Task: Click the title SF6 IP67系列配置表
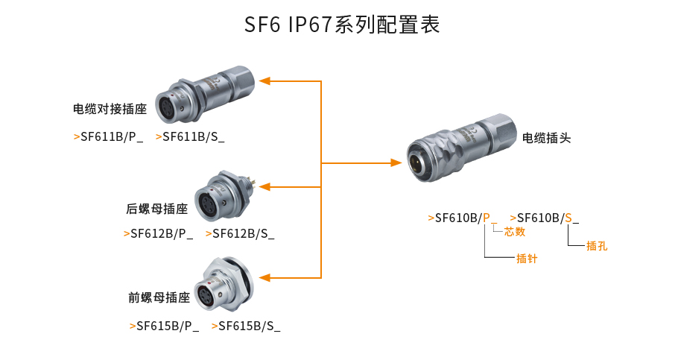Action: point(342,25)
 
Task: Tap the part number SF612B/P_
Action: point(159,233)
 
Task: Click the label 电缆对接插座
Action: point(110,110)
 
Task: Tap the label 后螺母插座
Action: point(156,209)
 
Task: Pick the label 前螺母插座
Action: point(159,297)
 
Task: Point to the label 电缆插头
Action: point(546,137)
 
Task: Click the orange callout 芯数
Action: point(515,232)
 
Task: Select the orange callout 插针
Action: point(527,259)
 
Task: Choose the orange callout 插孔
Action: point(597,245)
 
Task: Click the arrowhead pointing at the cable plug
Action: point(395,162)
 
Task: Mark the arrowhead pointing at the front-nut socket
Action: point(264,277)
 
